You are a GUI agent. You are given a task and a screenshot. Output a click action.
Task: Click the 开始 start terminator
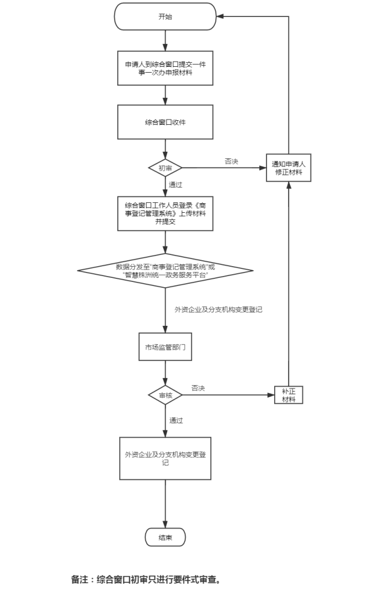coord(165,16)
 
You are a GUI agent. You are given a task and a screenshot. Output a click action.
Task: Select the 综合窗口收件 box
coord(165,123)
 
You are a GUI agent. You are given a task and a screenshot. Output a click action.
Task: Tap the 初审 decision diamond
coord(165,168)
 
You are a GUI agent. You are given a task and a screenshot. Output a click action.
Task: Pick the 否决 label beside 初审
coord(231,161)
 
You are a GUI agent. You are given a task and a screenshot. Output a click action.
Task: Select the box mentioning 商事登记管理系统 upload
coord(165,213)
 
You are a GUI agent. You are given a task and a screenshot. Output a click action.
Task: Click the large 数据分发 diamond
coord(165,270)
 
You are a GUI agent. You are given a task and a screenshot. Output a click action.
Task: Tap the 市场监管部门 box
coord(166,347)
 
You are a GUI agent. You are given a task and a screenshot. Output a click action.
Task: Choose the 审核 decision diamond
coord(166,396)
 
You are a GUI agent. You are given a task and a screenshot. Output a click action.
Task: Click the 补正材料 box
coord(288,395)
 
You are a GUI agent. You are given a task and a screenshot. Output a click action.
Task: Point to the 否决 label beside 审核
coord(198,388)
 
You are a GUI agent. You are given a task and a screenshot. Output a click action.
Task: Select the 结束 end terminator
coord(165,537)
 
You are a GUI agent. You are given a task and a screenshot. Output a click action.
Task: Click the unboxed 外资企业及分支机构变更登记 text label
coord(218,309)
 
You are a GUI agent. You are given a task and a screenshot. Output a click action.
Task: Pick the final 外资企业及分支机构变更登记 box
coord(165,458)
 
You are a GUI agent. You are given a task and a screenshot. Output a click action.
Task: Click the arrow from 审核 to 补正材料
coord(229,396)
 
